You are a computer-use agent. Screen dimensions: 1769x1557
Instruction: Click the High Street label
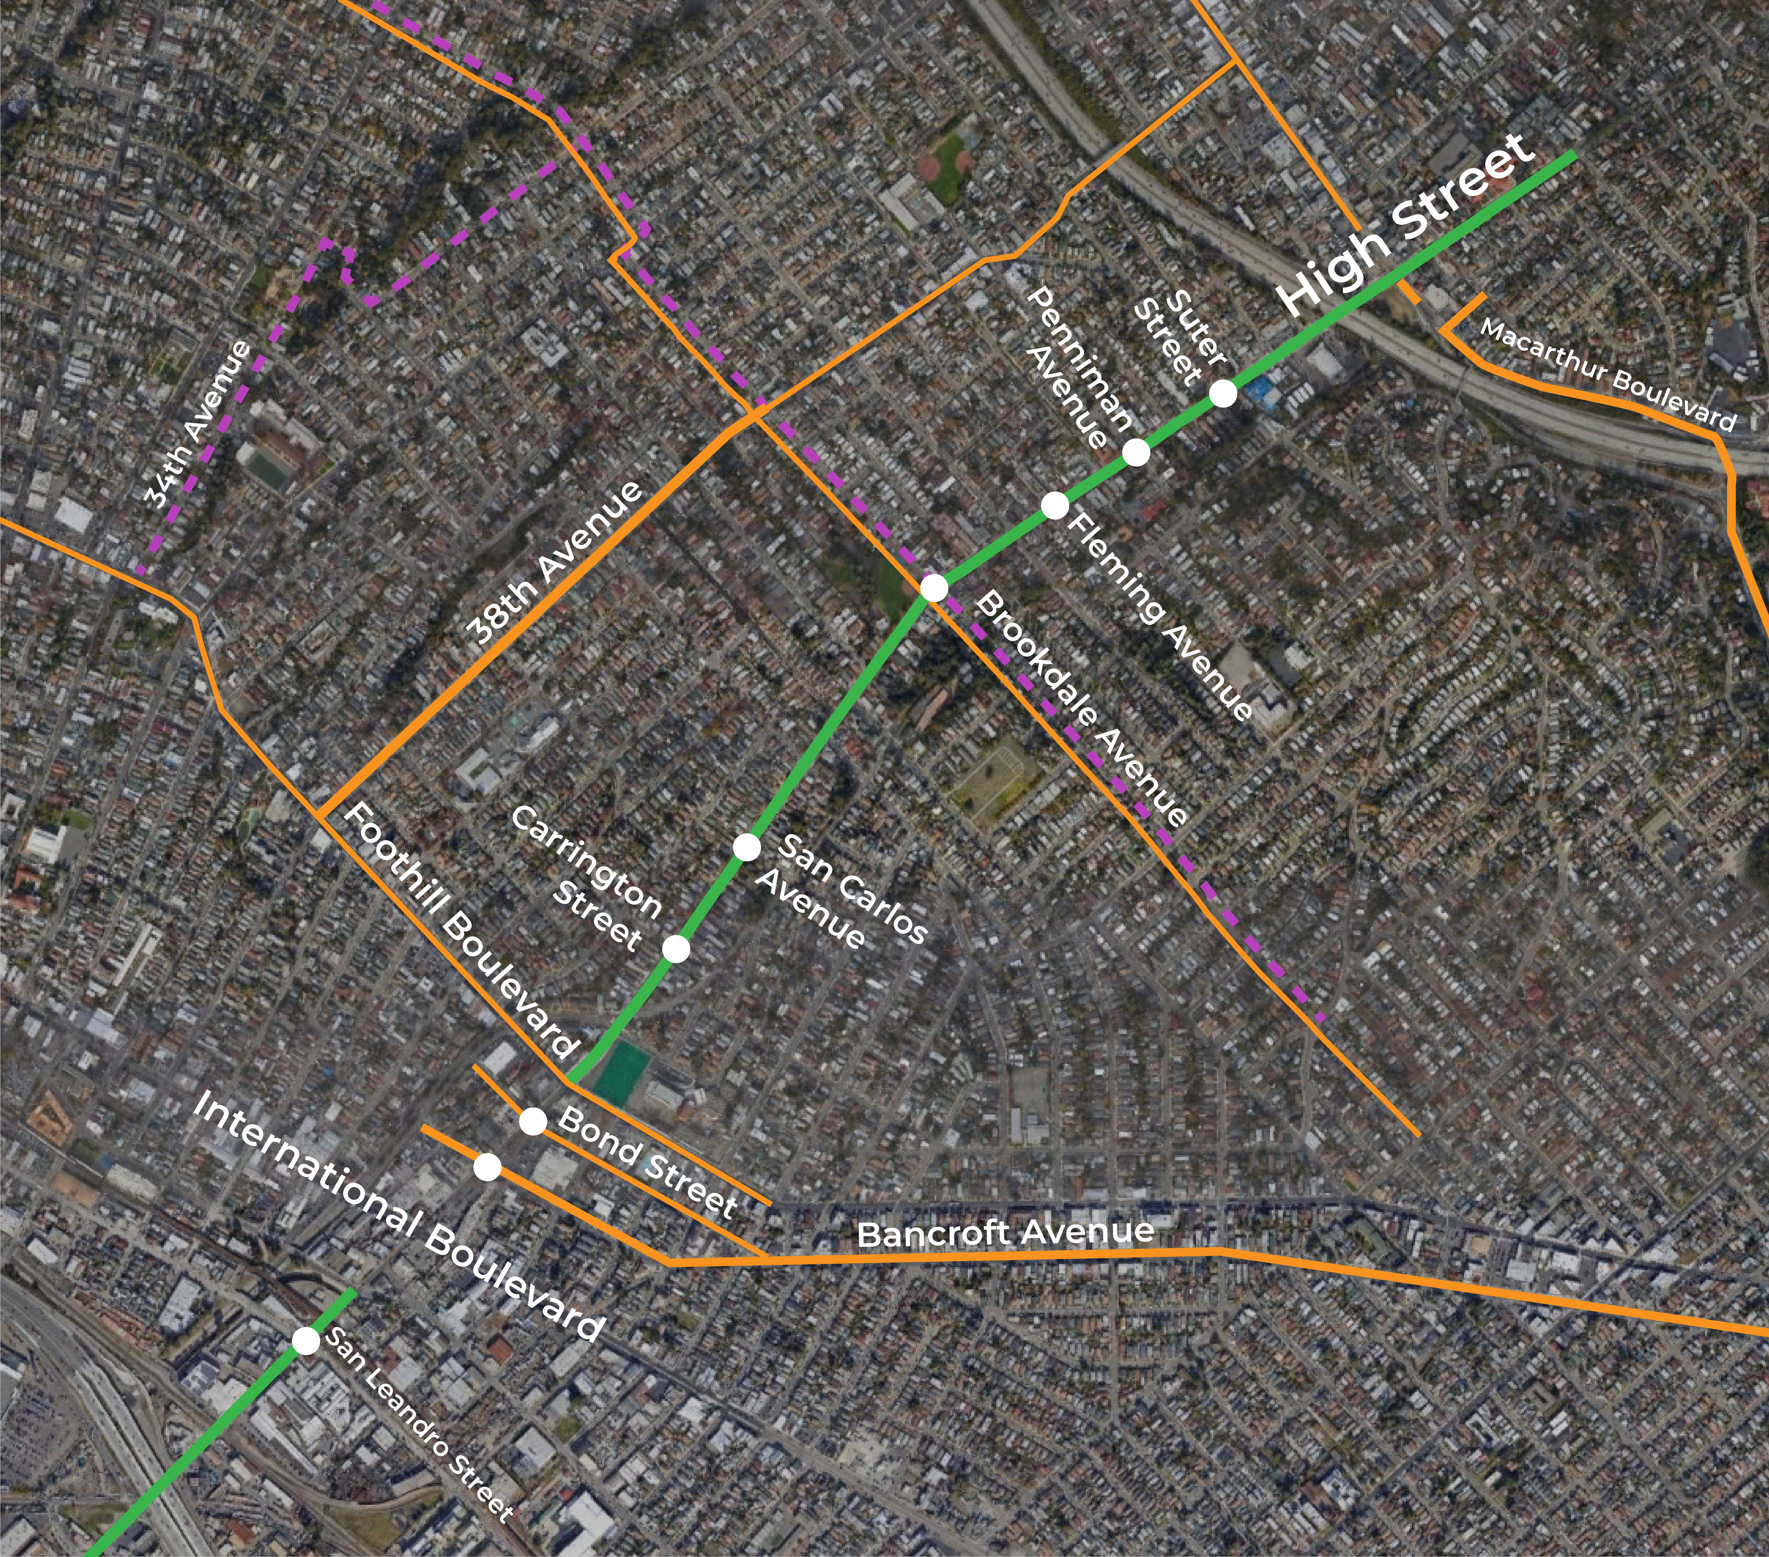[x=1406, y=227]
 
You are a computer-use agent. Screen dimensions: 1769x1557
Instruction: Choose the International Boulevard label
[x=398, y=1215]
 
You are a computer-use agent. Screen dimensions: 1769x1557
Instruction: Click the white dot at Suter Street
[x=1222, y=394]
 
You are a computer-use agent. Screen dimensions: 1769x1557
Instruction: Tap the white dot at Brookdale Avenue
[x=934, y=588]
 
